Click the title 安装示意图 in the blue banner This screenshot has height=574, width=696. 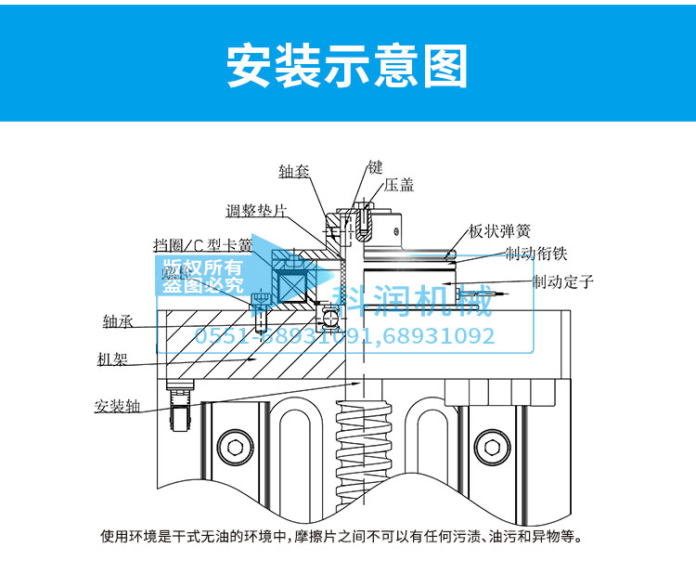tap(348, 65)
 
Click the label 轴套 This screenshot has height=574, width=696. tap(294, 172)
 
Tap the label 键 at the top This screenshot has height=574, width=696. tap(375, 167)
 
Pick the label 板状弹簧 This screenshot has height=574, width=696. tap(500, 231)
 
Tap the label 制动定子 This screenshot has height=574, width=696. tap(562, 280)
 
